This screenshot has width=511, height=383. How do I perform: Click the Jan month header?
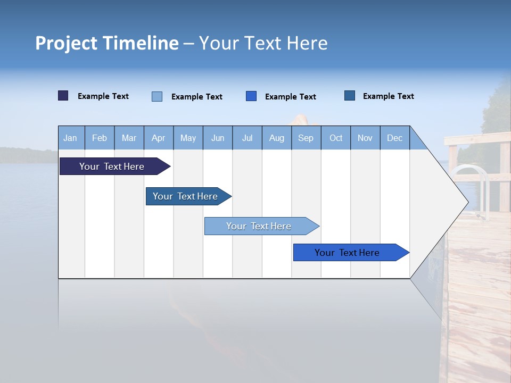pyautogui.click(x=70, y=138)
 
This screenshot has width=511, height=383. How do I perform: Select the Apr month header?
pyautogui.click(x=158, y=138)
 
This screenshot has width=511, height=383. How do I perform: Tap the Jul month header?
pyautogui.click(x=247, y=138)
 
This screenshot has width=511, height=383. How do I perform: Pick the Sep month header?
pyautogui.click(x=306, y=138)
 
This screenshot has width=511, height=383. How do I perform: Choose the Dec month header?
pyautogui.click(x=394, y=138)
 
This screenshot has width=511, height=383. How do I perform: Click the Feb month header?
pyautogui.click(x=100, y=138)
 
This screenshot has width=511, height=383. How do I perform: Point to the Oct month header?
pyautogui.click(x=336, y=138)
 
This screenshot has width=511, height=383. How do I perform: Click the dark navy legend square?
pyautogui.click(x=63, y=96)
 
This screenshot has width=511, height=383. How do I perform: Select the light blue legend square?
pyautogui.click(x=157, y=96)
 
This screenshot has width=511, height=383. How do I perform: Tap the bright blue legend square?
pyautogui.click(x=251, y=96)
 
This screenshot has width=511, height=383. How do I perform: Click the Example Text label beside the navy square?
pyautogui.click(x=103, y=96)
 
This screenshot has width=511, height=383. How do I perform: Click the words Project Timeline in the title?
pyautogui.click(x=106, y=43)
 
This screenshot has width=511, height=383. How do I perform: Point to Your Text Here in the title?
pyautogui.click(x=263, y=43)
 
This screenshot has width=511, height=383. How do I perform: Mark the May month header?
pyautogui.click(x=188, y=138)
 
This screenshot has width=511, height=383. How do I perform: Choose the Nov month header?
pyautogui.click(x=365, y=138)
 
